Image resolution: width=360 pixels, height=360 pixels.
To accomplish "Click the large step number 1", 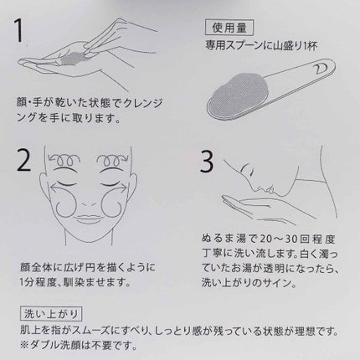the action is click(x=19, y=30).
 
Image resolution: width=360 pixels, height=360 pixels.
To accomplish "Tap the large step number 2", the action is click(x=23, y=161).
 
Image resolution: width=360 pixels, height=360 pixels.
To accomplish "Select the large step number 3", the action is click(x=207, y=162).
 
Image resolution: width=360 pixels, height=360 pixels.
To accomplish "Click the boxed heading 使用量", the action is click(x=229, y=28).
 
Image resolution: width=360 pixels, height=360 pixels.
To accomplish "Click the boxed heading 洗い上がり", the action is click(x=51, y=314).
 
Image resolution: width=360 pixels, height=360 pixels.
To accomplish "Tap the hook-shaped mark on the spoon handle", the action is click(x=317, y=68).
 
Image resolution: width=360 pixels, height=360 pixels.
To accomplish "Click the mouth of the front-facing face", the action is click(x=89, y=218).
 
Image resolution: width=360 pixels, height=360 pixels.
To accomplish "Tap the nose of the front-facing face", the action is click(x=89, y=203).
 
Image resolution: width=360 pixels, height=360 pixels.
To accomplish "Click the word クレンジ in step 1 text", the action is click(x=142, y=104).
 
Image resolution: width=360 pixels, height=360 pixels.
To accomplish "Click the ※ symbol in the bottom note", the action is click(x=24, y=346).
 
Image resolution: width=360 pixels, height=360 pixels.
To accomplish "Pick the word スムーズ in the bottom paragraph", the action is click(x=90, y=332).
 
